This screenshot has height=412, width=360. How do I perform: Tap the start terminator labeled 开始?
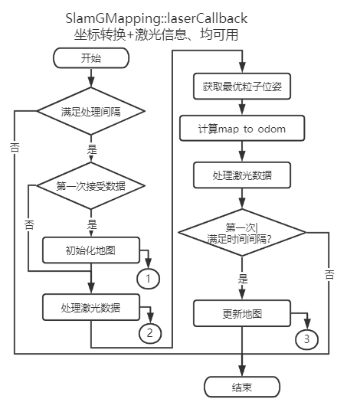click(x=90, y=57)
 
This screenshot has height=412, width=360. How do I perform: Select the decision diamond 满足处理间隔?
click(x=90, y=112)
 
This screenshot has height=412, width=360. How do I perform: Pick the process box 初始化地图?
click(x=90, y=249)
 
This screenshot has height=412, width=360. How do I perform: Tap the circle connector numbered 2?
click(x=149, y=333)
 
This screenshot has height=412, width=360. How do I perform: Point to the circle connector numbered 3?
click(x=305, y=338)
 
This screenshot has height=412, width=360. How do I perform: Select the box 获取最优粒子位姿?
click(x=241, y=87)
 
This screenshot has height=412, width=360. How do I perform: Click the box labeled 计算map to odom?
click(x=241, y=129)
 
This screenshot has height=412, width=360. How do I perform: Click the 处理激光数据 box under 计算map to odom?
click(x=241, y=175)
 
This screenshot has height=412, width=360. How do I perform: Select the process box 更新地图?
click(x=241, y=312)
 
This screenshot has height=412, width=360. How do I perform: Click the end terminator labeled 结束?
click(x=241, y=387)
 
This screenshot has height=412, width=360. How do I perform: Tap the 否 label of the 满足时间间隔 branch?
click(x=329, y=273)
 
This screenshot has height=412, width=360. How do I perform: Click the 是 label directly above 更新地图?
click(x=243, y=278)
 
